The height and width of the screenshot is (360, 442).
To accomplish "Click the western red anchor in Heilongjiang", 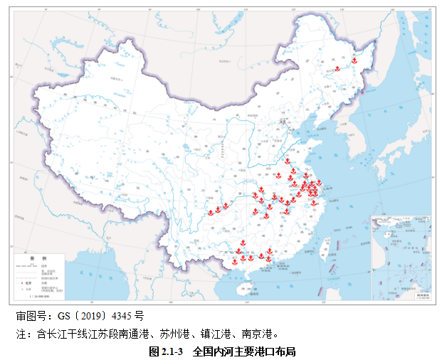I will coord(337,68).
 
